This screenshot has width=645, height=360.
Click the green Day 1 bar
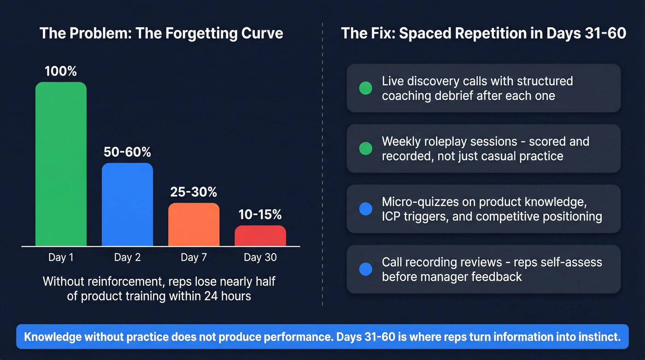[x=61, y=164]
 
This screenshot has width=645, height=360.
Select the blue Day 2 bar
[x=127, y=205]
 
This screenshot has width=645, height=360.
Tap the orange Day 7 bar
[x=193, y=224]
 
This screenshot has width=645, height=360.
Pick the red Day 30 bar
[x=260, y=236]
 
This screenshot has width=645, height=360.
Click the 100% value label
[x=61, y=71]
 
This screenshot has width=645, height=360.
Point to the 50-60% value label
[x=128, y=152]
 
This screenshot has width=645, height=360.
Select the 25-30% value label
[x=193, y=192]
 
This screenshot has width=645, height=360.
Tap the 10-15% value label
[x=260, y=214]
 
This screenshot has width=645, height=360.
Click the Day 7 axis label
[x=193, y=257]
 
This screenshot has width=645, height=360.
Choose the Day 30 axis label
[x=260, y=257]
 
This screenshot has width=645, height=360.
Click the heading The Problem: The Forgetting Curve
[x=161, y=34]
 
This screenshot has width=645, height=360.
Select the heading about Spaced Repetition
[x=483, y=34]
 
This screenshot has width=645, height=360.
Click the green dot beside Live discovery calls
[x=365, y=88]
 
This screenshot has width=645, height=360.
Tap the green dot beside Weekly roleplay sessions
[x=365, y=148]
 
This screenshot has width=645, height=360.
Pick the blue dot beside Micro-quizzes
[x=365, y=209]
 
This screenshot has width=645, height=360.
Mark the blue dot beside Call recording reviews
[x=365, y=269]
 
